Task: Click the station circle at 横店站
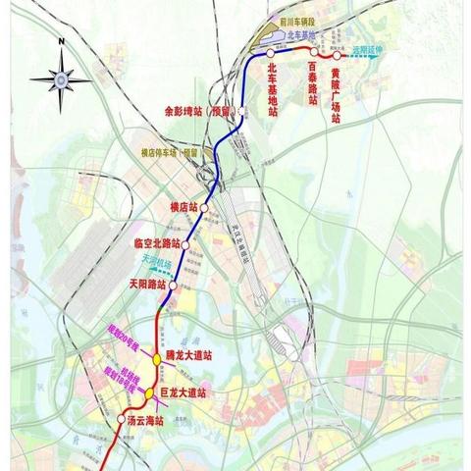(x=203, y=208)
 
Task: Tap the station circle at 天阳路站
(x=174, y=286)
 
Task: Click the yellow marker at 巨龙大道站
(x=148, y=394)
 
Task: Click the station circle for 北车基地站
(x=271, y=54)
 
